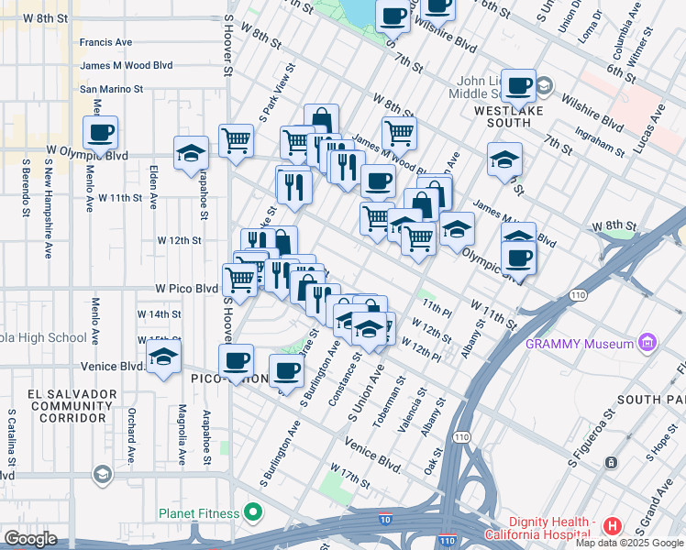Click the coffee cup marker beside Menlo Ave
[x=100, y=132]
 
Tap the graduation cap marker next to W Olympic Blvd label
[x=191, y=152]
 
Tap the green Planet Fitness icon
[x=249, y=512]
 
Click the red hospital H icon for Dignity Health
[x=612, y=526]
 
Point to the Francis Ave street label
[x=105, y=42]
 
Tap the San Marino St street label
[x=111, y=89]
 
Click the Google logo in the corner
[x=30, y=539]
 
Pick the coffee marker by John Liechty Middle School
[x=518, y=86]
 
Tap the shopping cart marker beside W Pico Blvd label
[x=239, y=280]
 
